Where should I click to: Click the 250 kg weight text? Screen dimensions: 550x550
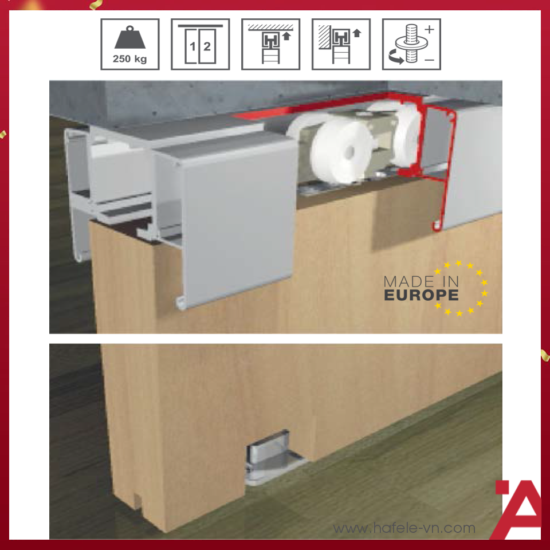tap(130, 58)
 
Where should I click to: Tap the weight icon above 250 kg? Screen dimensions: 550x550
tap(130, 37)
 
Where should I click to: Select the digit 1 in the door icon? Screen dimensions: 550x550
tap(192, 46)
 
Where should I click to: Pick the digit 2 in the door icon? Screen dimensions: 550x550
tap(207, 46)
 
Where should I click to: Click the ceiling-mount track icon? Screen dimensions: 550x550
tap(271, 44)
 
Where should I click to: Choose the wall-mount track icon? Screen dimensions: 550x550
tap(340, 44)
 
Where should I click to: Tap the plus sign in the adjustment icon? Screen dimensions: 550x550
tap(429, 29)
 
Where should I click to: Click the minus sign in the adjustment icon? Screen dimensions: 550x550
tap(429, 60)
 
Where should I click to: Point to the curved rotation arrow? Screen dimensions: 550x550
tap(396, 57)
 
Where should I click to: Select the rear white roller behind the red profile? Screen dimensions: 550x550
tap(406, 135)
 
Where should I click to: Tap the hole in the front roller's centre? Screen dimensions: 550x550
tap(349, 151)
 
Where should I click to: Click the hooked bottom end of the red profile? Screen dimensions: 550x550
tap(437, 227)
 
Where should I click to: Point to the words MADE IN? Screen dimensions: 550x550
tap(421, 282)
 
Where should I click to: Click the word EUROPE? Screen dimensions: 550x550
tap(421, 295)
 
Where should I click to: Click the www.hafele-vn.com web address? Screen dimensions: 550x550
tap(404, 528)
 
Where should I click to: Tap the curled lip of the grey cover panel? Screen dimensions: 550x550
tap(181, 303)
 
